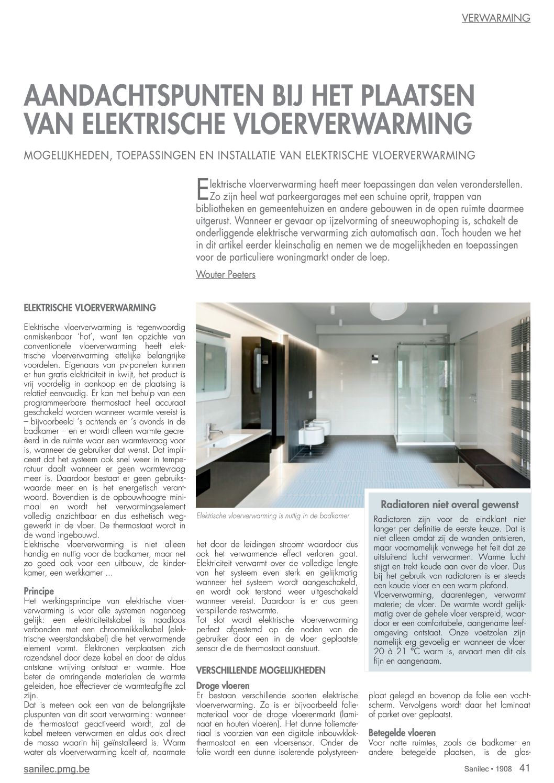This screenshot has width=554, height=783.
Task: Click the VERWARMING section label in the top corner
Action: [496, 18]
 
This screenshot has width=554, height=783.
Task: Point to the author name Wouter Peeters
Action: [226, 274]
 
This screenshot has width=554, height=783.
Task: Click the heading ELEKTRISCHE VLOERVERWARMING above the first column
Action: [90, 307]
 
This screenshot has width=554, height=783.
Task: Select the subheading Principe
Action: [39, 591]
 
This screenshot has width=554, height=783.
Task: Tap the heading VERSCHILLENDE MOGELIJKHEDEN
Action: [260, 670]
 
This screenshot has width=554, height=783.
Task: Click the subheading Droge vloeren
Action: [223, 685]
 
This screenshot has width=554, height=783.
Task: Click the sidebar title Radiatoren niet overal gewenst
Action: [449, 505]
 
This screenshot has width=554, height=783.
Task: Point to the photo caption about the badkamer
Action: [273, 516]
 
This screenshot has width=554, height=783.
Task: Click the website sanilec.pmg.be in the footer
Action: [57, 769]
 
